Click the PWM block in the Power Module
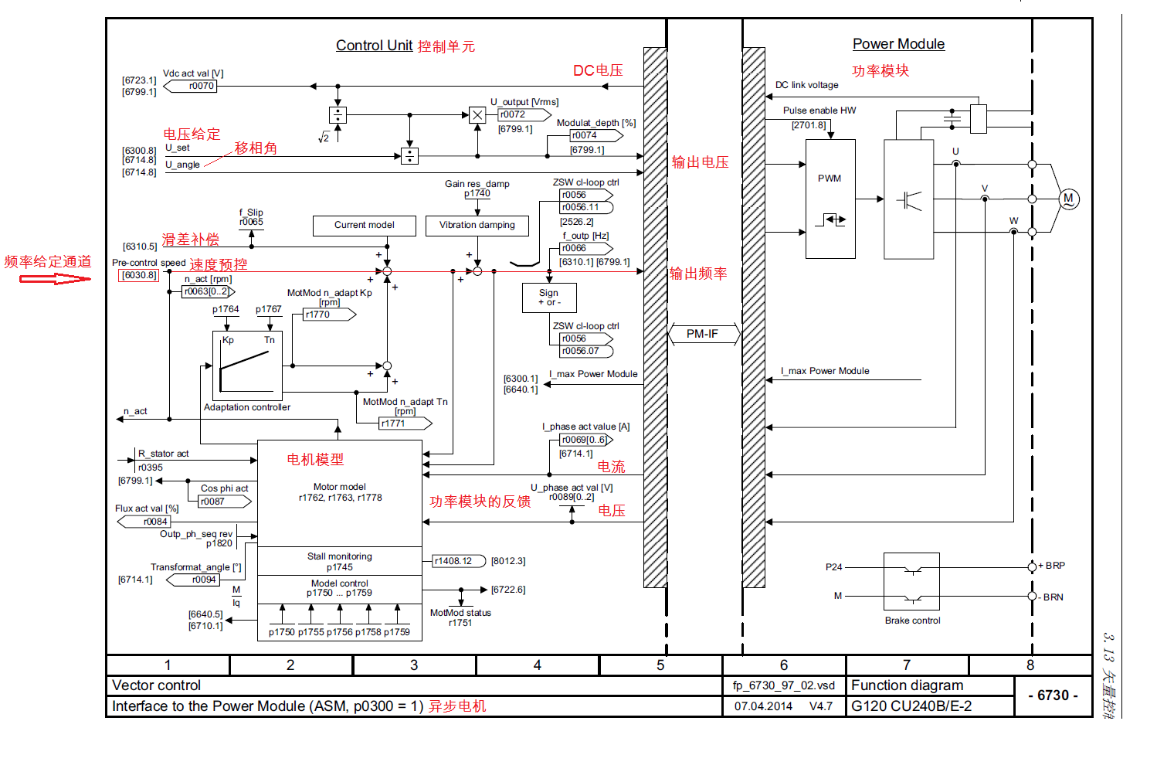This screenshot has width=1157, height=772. coord(830,199)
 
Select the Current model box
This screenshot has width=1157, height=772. coord(364,226)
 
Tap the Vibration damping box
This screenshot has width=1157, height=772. coord(477,226)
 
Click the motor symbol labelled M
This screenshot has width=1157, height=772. coord(1068,199)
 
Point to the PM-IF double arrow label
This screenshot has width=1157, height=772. coord(703,334)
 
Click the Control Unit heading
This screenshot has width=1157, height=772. coord(374,46)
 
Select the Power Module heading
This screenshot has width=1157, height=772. coord(898,44)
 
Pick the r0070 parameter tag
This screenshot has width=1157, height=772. coord(201,86)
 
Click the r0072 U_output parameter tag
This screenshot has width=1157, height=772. coord(513,114)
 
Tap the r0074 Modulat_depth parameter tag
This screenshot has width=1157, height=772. coord(585,135)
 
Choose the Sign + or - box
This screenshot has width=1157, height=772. coord(548,298)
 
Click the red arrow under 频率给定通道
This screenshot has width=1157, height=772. coord(54,278)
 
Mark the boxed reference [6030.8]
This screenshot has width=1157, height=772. coord(139,275)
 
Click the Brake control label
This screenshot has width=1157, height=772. coord(912,621)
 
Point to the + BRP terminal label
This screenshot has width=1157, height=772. coord(1052,566)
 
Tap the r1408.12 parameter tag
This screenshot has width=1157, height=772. coord(453,561)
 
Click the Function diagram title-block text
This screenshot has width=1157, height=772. coord(907,685)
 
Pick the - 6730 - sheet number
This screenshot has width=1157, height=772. coord(1053,695)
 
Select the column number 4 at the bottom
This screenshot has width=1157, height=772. coord(537,665)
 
